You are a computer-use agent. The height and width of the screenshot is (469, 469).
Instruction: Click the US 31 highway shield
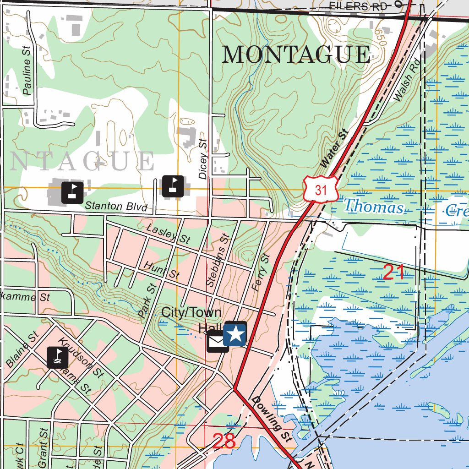pyautogui.click(x=321, y=189)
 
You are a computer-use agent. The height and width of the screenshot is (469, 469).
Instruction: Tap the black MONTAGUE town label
pyautogui.click(x=296, y=55)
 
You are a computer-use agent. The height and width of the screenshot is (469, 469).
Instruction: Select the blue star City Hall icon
pyautogui.click(x=235, y=333)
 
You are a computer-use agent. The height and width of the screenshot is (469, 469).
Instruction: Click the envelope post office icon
pyautogui.click(x=218, y=342)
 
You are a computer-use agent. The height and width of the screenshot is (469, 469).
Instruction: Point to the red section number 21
pyautogui.click(x=393, y=273)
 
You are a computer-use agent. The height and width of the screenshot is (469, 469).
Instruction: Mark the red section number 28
pyautogui.click(x=224, y=441)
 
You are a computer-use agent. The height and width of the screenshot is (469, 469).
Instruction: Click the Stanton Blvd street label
pyautogui.click(x=116, y=206)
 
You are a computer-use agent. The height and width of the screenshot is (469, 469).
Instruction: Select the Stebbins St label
pyautogui.click(x=217, y=261)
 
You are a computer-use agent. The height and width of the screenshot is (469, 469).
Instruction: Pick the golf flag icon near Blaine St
pyautogui.click(x=57, y=357)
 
